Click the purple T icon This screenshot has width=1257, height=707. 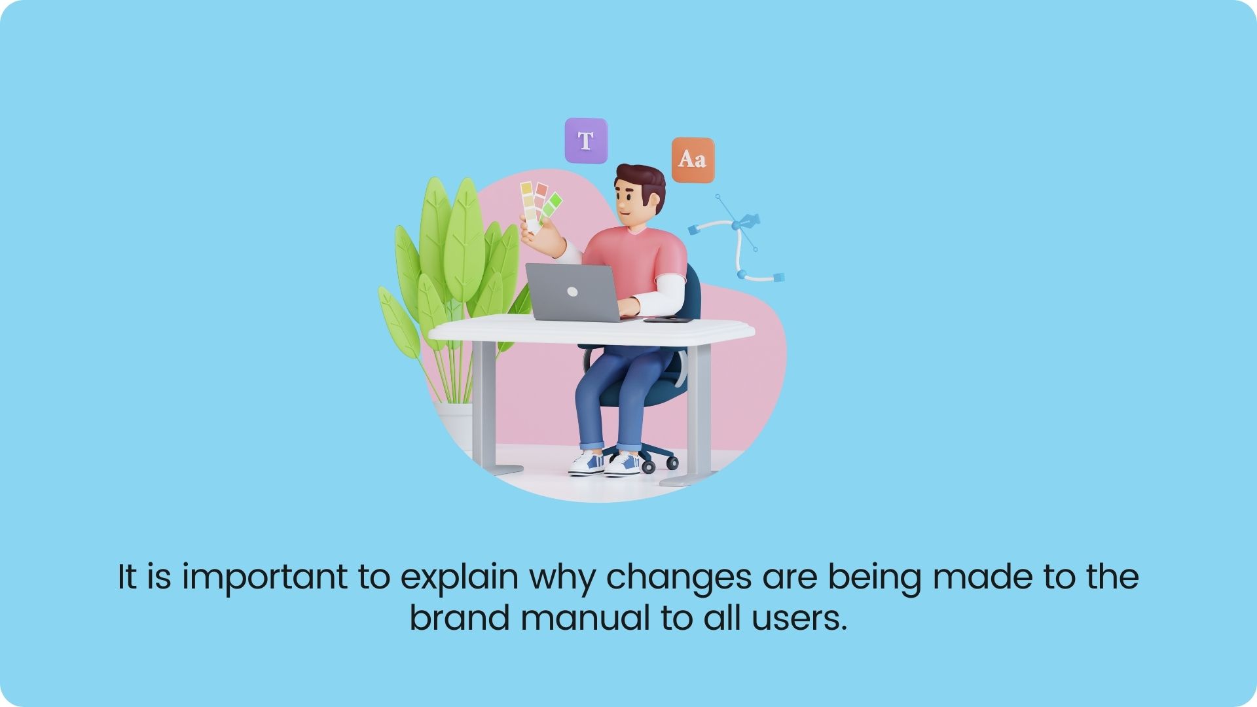point(587,140)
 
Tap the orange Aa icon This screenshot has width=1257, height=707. point(693,159)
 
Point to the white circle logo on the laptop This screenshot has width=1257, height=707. point(572,292)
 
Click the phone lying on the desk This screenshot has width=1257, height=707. point(668,320)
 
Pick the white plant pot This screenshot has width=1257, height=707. point(455,426)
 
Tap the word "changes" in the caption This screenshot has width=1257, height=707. point(678,578)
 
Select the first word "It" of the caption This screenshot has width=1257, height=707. point(126,577)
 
